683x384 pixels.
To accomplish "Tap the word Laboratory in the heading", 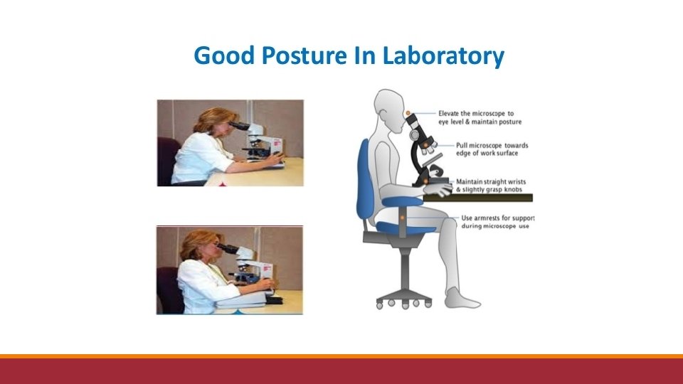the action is [x=443, y=56].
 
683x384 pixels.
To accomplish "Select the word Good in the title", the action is [x=224, y=55].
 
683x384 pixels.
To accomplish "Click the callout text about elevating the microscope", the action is [x=480, y=117].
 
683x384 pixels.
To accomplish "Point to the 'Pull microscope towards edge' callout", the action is [x=492, y=149].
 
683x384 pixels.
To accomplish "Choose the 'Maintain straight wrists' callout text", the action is [x=490, y=186].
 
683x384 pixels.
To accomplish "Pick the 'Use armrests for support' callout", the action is [x=497, y=222].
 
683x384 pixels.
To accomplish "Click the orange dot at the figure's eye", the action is [x=408, y=113].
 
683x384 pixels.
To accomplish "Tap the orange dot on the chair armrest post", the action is [x=403, y=218].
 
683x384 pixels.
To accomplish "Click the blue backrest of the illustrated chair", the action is [x=365, y=181].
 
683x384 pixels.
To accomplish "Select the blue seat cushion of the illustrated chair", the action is [x=405, y=228].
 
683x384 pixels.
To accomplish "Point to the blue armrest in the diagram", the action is [x=402, y=201].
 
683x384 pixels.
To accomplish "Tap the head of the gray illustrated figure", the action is [x=390, y=110].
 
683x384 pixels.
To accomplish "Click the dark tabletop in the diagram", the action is [x=478, y=198].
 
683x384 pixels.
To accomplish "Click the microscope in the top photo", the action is [x=259, y=141].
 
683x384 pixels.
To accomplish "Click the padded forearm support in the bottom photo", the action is [x=242, y=299].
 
